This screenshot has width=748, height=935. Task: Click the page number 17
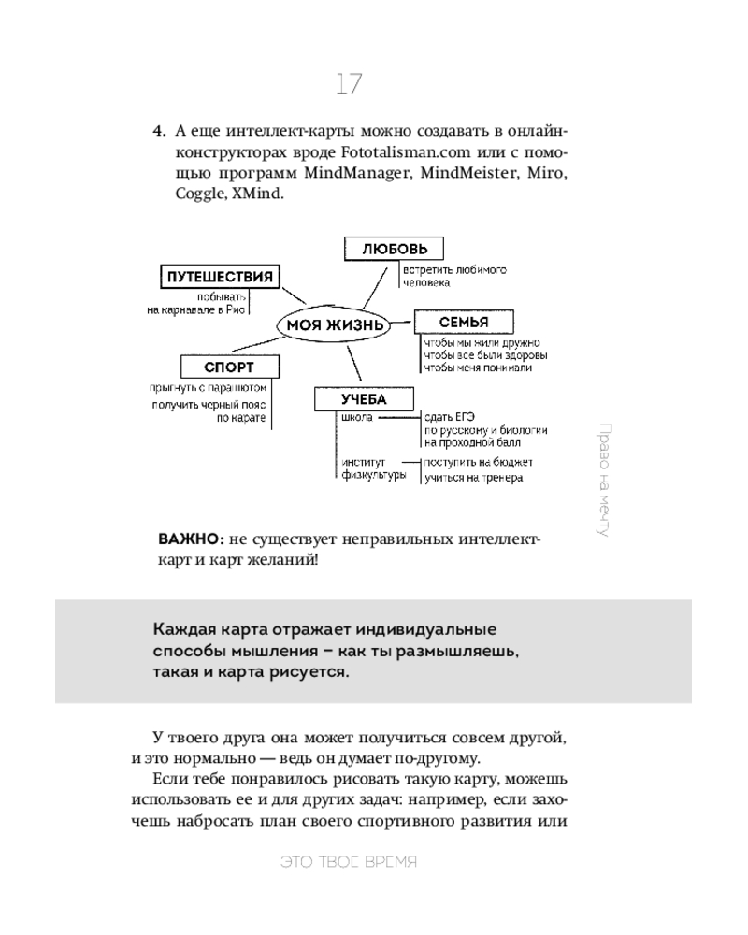click(349, 84)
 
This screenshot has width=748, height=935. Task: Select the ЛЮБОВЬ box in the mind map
click(394, 249)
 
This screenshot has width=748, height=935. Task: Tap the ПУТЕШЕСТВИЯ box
click(220, 277)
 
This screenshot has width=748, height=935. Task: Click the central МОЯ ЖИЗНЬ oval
click(335, 325)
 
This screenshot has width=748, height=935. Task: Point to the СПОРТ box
click(229, 367)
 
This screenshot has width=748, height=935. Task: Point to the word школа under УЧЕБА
click(358, 418)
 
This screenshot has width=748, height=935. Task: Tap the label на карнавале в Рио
click(196, 311)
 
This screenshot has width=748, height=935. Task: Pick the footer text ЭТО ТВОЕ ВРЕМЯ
click(349, 862)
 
